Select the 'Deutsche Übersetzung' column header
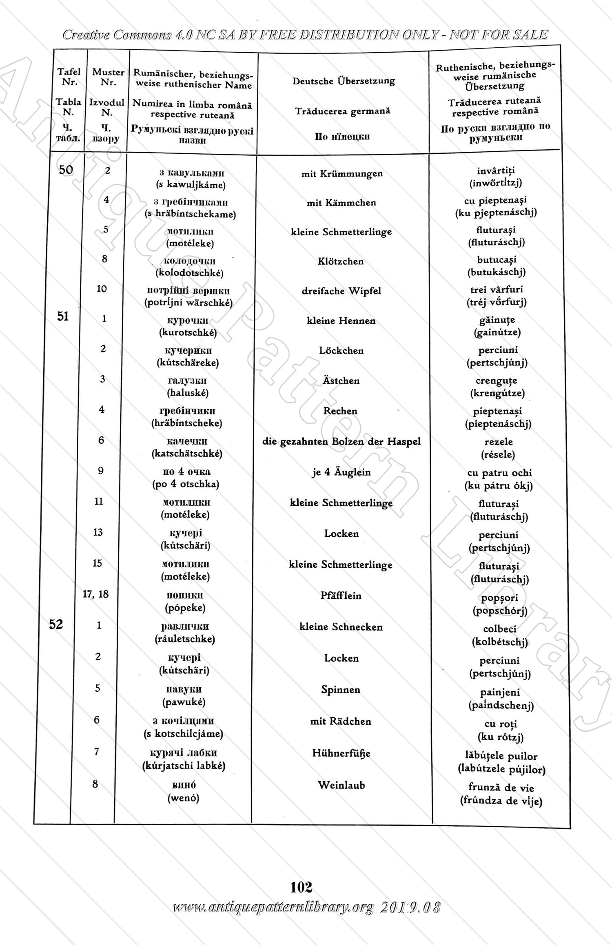(x=344, y=81)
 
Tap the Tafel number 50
(x=66, y=170)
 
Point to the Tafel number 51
(x=63, y=316)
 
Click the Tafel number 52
(x=56, y=624)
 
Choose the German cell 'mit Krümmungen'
(x=342, y=174)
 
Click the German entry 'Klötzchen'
(x=341, y=261)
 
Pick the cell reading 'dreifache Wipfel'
(x=341, y=291)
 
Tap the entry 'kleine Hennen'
(x=341, y=321)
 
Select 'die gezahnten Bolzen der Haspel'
(x=341, y=442)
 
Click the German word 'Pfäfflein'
(x=341, y=596)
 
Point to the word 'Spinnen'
(x=341, y=690)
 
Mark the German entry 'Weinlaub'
(x=341, y=785)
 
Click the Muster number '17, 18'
(x=96, y=594)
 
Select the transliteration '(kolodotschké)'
(x=190, y=273)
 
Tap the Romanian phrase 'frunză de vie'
(x=501, y=787)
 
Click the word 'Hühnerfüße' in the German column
(x=341, y=753)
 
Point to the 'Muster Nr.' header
(x=108, y=77)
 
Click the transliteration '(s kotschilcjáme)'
(x=184, y=734)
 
